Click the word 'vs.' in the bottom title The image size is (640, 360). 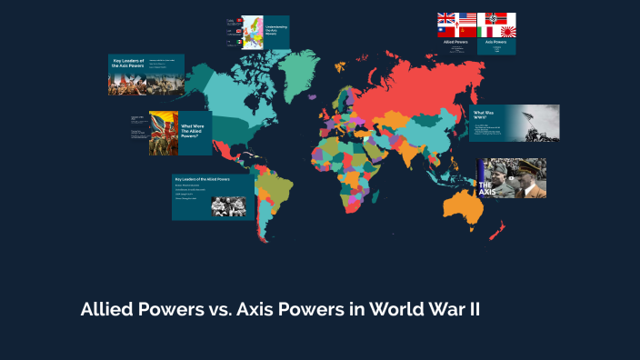coord(212,309)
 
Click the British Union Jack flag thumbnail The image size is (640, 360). coord(446,19)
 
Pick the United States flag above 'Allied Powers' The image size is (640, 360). coord(467,19)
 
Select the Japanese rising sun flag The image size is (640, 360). coord(505,32)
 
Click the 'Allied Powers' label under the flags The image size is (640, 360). coord(456,42)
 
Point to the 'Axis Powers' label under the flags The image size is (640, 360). coord(496,42)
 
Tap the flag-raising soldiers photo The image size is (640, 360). coord(538,122)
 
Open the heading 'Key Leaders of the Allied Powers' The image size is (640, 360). coord(202,180)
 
